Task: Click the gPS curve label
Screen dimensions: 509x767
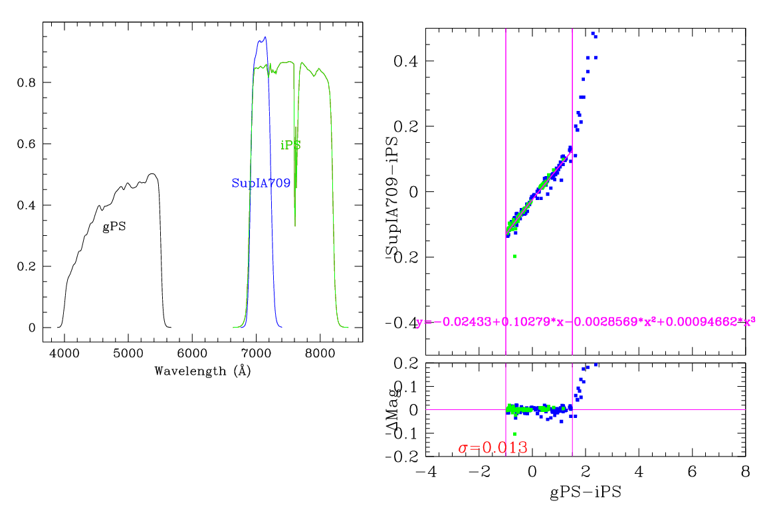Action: [114, 227]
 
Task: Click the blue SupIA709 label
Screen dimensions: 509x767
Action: [261, 183]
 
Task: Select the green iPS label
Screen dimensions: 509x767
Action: [290, 145]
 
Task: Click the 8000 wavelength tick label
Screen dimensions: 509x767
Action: [321, 356]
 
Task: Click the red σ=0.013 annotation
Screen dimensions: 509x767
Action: [493, 448]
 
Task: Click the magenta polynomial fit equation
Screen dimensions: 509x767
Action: [585, 322]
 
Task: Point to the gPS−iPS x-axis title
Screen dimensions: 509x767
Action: [585, 493]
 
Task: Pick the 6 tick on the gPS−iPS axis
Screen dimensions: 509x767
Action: [693, 471]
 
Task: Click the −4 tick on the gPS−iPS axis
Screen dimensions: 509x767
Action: [425, 471]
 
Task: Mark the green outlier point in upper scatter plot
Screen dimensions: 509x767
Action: [514, 256]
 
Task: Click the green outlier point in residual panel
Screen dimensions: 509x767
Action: [514, 434]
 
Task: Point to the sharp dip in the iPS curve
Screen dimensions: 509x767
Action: [295, 226]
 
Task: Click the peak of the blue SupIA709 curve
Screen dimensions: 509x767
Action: [265, 37]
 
